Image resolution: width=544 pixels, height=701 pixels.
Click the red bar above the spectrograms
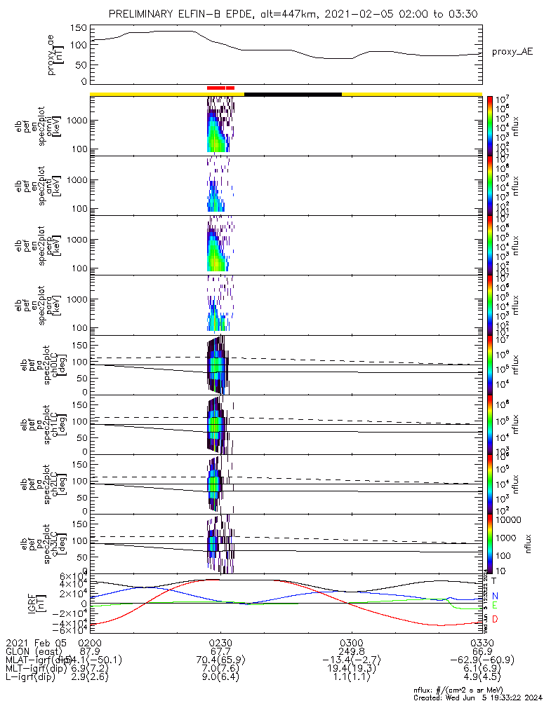point(220,88)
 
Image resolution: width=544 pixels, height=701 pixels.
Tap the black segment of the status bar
point(293,93)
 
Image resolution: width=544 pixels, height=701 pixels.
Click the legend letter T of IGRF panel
point(494,580)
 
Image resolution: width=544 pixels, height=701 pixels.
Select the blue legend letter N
point(494,595)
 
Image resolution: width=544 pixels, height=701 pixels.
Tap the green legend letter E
point(494,605)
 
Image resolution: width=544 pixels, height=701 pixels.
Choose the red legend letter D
point(494,619)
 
